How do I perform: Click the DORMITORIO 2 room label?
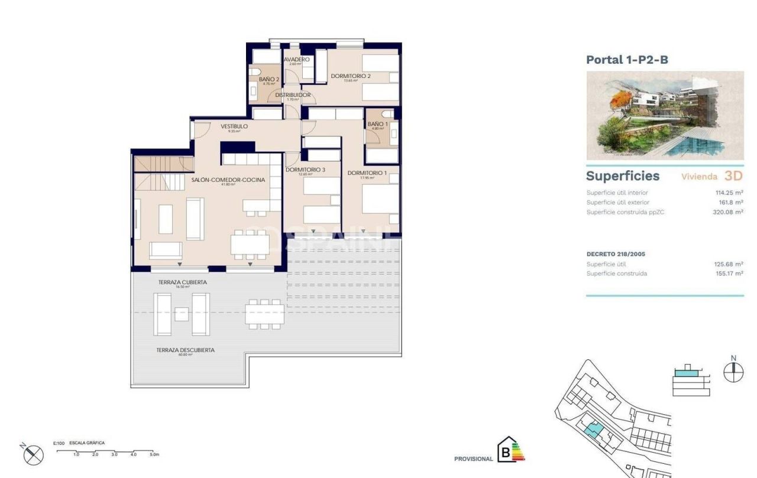(x=351, y=76)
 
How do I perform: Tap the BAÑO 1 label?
(x=377, y=124)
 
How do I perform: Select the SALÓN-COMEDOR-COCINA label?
(x=228, y=180)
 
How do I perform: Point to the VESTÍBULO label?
(x=234, y=126)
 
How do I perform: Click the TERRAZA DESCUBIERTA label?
(x=185, y=350)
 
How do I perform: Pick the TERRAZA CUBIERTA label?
(x=182, y=282)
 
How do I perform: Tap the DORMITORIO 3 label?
(x=305, y=170)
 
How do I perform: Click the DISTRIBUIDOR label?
(x=293, y=95)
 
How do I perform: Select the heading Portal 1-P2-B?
(x=627, y=60)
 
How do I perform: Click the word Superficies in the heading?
(x=622, y=176)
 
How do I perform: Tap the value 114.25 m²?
(x=729, y=193)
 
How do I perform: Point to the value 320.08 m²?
(x=727, y=212)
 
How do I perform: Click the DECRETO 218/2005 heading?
(x=616, y=254)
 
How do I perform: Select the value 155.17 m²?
(x=728, y=274)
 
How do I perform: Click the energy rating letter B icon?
(x=506, y=454)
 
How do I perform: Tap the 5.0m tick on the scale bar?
(x=153, y=454)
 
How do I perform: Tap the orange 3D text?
(x=733, y=176)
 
